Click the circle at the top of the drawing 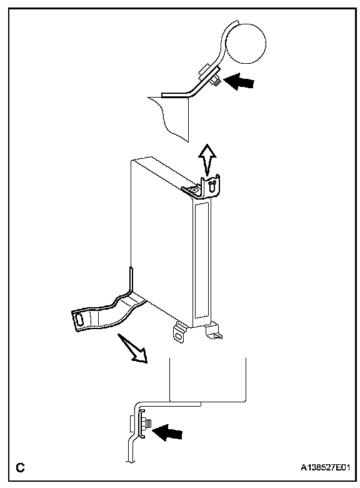(x=246, y=44)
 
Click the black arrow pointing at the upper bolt (x=239, y=81)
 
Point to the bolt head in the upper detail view (x=216, y=82)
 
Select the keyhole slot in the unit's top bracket (x=212, y=186)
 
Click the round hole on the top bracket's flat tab (x=194, y=189)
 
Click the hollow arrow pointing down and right (x=132, y=348)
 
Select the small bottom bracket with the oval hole (x=179, y=332)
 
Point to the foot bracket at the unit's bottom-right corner (x=214, y=331)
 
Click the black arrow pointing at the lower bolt (x=167, y=432)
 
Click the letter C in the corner (x=20, y=467)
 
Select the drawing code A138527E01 (x=326, y=468)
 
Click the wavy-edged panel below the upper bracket (x=169, y=118)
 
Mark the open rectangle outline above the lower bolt (x=207, y=380)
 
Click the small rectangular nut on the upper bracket (x=204, y=71)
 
